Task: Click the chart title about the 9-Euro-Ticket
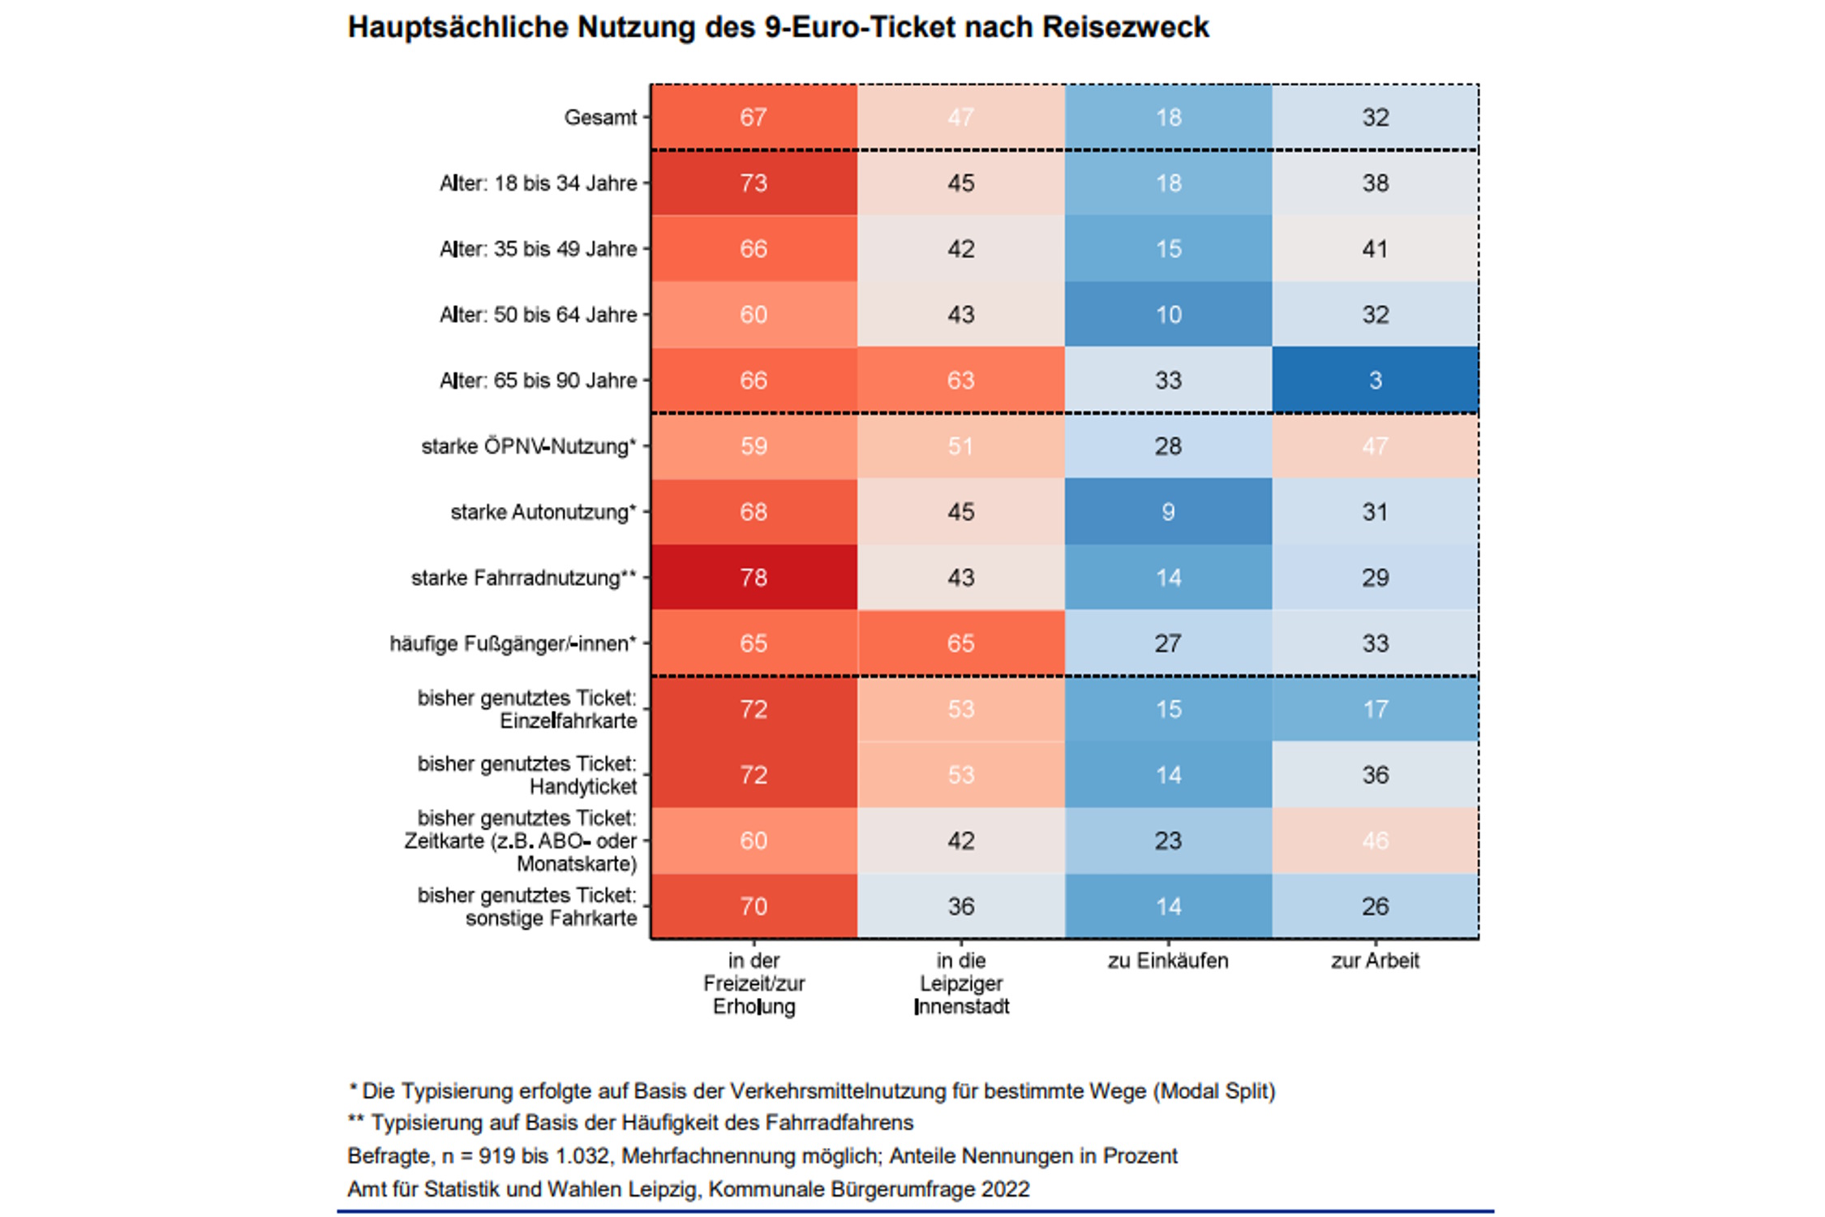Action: [778, 28]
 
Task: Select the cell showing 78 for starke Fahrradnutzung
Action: [754, 577]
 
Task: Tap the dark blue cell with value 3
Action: [1375, 380]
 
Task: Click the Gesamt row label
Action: [600, 118]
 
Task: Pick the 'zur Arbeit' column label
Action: [1375, 961]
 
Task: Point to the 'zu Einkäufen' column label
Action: [1168, 961]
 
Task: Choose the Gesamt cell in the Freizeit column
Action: [754, 118]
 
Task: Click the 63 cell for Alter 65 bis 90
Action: [960, 380]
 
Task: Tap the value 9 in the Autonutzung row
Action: [1168, 512]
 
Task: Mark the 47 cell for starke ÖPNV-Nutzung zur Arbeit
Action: [1375, 446]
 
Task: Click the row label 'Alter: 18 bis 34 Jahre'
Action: [538, 183]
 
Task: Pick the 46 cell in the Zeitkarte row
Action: [1375, 841]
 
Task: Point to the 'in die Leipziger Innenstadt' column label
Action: [961, 983]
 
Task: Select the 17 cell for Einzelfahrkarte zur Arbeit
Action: [1375, 709]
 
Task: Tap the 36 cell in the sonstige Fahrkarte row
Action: [960, 906]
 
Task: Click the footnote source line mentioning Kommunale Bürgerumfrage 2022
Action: [689, 1189]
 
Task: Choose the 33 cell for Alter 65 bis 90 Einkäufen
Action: [1168, 380]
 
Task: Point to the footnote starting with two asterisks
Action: [630, 1123]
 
